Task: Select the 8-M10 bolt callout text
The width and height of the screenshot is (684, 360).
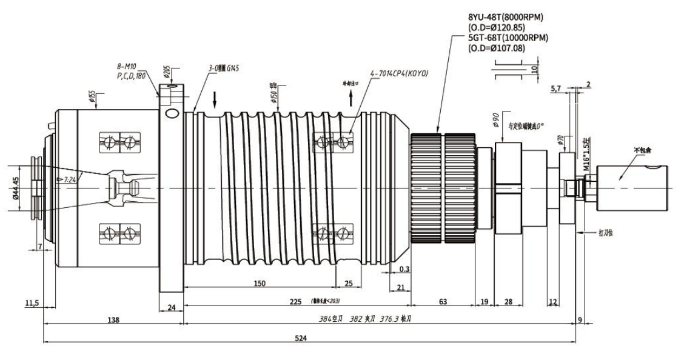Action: click(x=126, y=67)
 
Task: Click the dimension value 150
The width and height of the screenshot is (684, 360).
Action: click(x=260, y=284)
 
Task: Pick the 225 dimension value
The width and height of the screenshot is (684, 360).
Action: click(x=296, y=301)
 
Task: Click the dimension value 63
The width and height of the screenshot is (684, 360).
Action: click(x=443, y=301)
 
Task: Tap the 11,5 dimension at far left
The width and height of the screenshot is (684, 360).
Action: click(x=32, y=302)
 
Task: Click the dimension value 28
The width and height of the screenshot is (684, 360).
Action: click(x=508, y=301)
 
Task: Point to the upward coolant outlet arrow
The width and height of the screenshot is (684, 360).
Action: click(x=350, y=98)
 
